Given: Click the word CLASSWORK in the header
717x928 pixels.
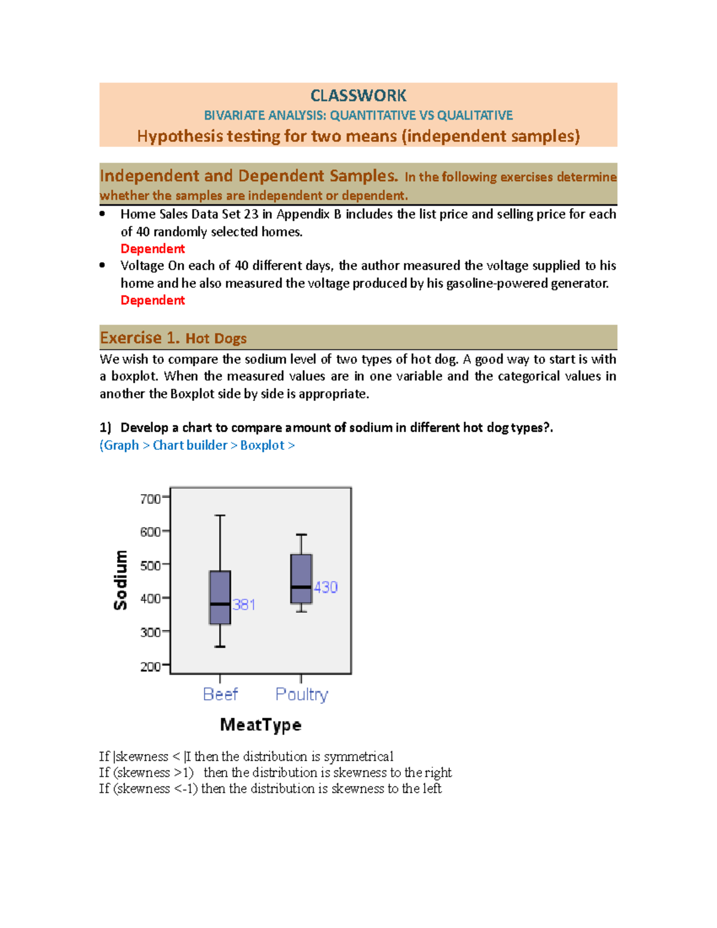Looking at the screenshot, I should point(358,96).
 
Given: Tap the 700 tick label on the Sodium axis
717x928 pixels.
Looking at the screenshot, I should point(150,498).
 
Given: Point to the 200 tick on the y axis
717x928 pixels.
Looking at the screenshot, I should point(150,666).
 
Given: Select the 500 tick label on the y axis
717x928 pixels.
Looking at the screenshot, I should point(150,565).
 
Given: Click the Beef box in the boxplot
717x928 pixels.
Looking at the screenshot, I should point(220,598).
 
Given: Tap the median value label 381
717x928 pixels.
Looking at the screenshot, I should point(244,605).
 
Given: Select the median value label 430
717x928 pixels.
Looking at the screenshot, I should point(326,587).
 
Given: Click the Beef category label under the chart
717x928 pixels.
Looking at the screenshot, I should point(220,694).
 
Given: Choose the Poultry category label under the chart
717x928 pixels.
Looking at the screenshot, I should point(301,694).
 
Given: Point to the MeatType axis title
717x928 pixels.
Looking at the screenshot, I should point(261,725).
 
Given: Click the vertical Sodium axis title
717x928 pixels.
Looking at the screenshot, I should point(121,580).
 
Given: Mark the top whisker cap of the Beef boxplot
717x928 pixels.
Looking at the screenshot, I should point(220,515).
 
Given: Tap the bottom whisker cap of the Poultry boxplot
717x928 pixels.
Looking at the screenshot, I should point(301,611).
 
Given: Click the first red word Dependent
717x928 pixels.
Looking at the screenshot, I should point(152,249).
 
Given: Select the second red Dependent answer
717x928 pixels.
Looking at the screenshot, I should point(152,300).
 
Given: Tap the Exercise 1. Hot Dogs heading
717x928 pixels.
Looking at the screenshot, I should point(173,338).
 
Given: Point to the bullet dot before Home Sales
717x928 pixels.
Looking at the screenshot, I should point(103,213).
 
